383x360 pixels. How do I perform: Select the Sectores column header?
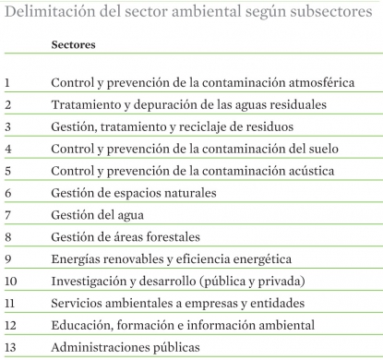pyautogui.click(x=74, y=44)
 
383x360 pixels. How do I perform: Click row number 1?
pyautogui.click(x=7, y=83)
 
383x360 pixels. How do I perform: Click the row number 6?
pyautogui.click(x=7, y=194)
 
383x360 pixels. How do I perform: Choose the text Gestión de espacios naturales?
pyautogui.click(x=134, y=194)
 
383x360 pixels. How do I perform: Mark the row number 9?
pyautogui.click(x=7, y=259)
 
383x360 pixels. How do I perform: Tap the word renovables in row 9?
pyautogui.click(x=138, y=259)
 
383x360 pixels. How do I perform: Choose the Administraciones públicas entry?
pyautogui.click(x=125, y=348)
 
